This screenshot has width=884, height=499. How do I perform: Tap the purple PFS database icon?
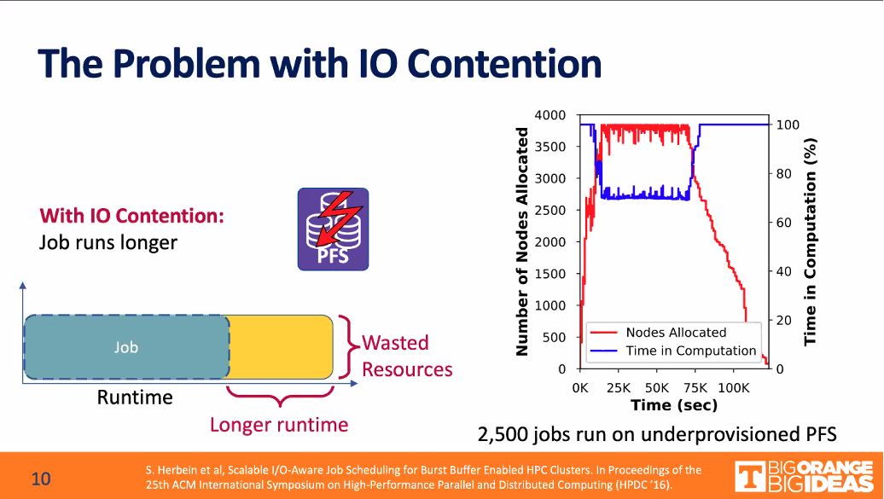point(333,229)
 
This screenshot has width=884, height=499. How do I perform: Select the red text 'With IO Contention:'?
point(131,215)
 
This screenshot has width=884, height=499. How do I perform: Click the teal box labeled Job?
point(126,347)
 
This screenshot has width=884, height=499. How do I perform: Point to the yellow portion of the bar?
point(280,347)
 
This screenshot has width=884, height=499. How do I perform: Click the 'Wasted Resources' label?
point(407,356)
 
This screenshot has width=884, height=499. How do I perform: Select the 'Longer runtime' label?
point(279,424)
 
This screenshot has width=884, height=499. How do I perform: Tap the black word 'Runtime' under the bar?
point(134,397)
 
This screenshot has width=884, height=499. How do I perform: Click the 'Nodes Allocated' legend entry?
point(675,333)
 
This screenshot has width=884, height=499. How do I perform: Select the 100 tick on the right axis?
point(786,125)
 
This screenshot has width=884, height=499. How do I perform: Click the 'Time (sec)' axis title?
point(674,404)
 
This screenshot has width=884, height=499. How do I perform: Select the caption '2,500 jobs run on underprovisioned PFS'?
point(656,434)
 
